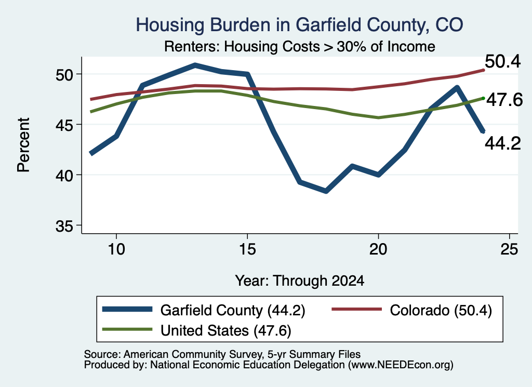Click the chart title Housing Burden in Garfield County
click(x=299, y=25)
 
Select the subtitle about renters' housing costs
click(x=300, y=46)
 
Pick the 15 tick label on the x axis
click(x=247, y=249)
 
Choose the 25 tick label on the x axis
click(x=509, y=249)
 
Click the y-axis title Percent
click(x=23, y=145)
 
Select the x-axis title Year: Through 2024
click(x=300, y=281)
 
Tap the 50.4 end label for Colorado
click(x=502, y=62)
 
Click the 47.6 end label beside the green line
click(x=504, y=100)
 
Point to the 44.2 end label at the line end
click(x=502, y=144)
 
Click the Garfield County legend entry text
click(x=233, y=310)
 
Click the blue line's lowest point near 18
click(x=326, y=191)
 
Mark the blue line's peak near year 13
click(x=195, y=65)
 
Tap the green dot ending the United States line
click(x=483, y=98)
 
